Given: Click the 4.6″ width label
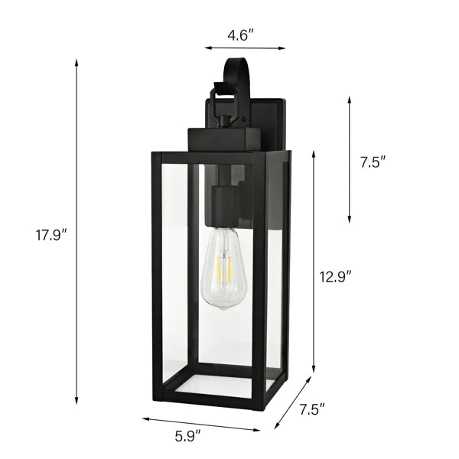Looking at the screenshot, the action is click(240, 36).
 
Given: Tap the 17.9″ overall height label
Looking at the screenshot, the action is click(52, 235).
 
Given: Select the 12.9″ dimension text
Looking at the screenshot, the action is click(335, 277).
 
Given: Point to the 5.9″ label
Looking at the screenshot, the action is click(188, 437).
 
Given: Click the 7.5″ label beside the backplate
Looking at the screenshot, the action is click(373, 162).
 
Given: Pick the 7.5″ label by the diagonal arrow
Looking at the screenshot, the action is click(312, 409).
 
